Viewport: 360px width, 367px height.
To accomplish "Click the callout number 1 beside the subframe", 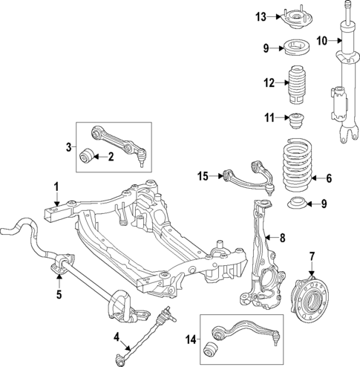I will [x=56, y=186].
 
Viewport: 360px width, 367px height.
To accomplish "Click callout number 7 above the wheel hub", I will [x=312, y=258].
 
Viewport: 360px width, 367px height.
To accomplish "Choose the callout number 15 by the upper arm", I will [x=203, y=175].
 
